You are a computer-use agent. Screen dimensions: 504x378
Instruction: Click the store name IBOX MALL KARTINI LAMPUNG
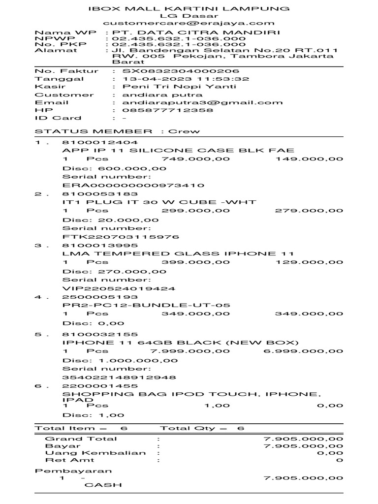coord(189,8)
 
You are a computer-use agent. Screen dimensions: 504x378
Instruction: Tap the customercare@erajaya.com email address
coord(189,23)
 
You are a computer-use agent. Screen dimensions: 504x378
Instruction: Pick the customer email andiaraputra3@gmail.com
coord(197,102)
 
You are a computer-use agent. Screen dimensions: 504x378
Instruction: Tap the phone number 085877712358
coord(163,110)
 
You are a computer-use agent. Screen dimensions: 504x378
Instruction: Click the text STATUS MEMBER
coord(94,131)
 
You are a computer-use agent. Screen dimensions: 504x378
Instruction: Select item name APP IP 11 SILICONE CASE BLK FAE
coord(179,150)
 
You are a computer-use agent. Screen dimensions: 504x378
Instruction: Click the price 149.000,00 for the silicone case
coord(310,158)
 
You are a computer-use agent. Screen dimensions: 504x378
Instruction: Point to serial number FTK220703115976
coord(121,237)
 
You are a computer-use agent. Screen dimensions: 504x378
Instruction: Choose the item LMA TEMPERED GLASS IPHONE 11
coord(178,253)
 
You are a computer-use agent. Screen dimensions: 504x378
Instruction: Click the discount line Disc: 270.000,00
coord(114,271)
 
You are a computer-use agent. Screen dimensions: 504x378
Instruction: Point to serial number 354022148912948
coord(119,378)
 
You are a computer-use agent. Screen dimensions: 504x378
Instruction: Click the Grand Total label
coord(81,439)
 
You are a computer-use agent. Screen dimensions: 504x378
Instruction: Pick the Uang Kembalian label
coord(95,453)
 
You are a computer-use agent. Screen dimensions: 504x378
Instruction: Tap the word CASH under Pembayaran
coord(103,485)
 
